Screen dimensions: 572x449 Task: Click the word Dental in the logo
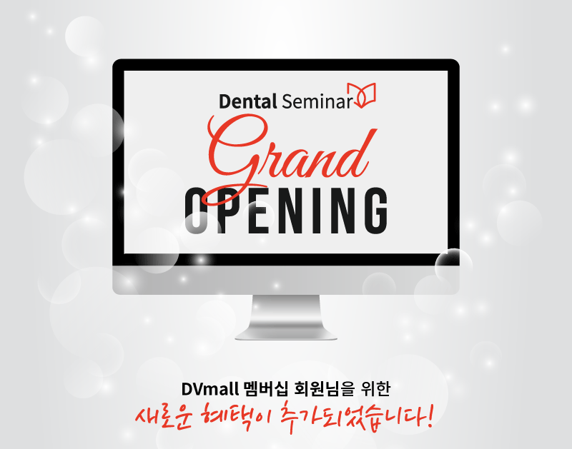[x=247, y=101]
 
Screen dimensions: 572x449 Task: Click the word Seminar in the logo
[x=317, y=101]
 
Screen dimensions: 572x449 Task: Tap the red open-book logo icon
[x=361, y=95]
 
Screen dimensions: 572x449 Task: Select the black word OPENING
[x=286, y=211]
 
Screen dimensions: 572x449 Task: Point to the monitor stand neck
[x=286, y=313]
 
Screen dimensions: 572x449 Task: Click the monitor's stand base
[x=286, y=336]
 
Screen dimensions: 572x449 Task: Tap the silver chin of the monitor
[x=286, y=279]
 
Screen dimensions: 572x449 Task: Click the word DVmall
[x=210, y=389]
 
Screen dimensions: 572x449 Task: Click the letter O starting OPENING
[x=198, y=211]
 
